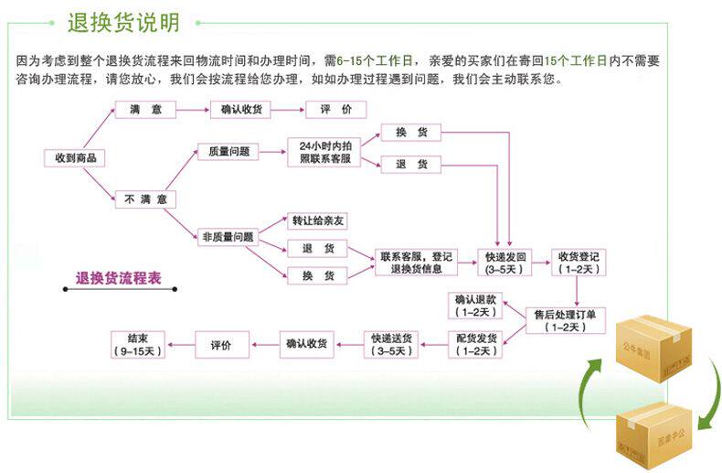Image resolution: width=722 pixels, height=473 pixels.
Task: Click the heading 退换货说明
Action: pyautogui.click(x=123, y=22)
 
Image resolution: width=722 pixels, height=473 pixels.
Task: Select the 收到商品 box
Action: pyautogui.click(x=74, y=158)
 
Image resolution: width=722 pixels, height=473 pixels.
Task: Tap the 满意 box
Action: pyautogui.click(x=145, y=110)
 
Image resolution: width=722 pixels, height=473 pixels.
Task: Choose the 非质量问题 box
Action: pyautogui.click(x=228, y=237)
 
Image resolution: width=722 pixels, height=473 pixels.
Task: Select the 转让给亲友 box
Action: pyautogui.click(x=318, y=221)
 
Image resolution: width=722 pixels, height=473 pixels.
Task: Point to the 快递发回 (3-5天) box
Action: pyautogui.click(x=504, y=263)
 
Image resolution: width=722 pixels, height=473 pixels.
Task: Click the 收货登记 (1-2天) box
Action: pyautogui.click(x=579, y=263)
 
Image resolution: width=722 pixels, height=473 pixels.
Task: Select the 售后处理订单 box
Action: pyautogui.click(x=565, y=319)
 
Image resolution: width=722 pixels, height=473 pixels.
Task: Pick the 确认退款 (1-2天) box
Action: pyautogui.click(x=476, y=306)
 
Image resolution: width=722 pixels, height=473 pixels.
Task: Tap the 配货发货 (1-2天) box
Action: pyautogui.click(x=476, y=345)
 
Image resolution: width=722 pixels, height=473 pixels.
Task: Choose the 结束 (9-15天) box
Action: pyautogui.click(x=137, y=345)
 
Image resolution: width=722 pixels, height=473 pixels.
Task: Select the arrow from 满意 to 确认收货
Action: pyautogui.click(x=193, y=110)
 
